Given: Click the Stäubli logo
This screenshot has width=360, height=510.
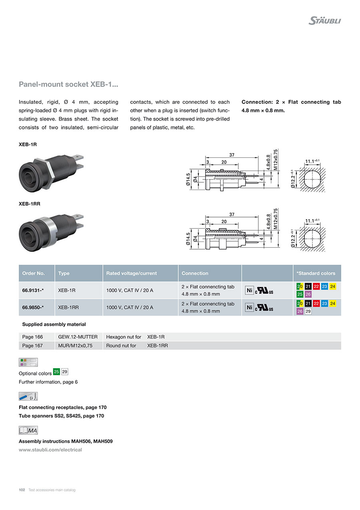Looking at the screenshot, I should [324, 21].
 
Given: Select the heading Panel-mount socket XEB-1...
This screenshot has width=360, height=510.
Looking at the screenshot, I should [68, 85].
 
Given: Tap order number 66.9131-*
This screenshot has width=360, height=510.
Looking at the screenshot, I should [33, 290].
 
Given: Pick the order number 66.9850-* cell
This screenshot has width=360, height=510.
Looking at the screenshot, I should [33, 307].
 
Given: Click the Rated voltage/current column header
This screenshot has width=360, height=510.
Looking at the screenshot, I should [131, 273].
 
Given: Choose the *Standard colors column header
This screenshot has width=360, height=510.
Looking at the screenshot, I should [316, 273].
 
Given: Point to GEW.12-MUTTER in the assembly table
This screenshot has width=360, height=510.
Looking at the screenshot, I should [78, 337].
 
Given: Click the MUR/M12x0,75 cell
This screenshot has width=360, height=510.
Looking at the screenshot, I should [75, 345].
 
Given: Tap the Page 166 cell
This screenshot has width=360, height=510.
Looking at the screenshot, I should [32, 337].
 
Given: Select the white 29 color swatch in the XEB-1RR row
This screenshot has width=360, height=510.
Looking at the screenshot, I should [308, 311].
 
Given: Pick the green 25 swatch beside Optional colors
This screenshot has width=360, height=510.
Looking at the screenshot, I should [56, 372].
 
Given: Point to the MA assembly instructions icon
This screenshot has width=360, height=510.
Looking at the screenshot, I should [28, 430].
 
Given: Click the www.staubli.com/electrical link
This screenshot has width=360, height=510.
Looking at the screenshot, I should [50, 450].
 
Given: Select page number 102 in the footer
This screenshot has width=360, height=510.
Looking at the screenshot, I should [22, 490].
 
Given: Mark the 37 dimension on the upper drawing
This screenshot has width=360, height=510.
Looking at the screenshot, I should [232, 155].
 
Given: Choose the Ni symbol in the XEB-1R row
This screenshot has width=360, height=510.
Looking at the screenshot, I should [249, 290].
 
